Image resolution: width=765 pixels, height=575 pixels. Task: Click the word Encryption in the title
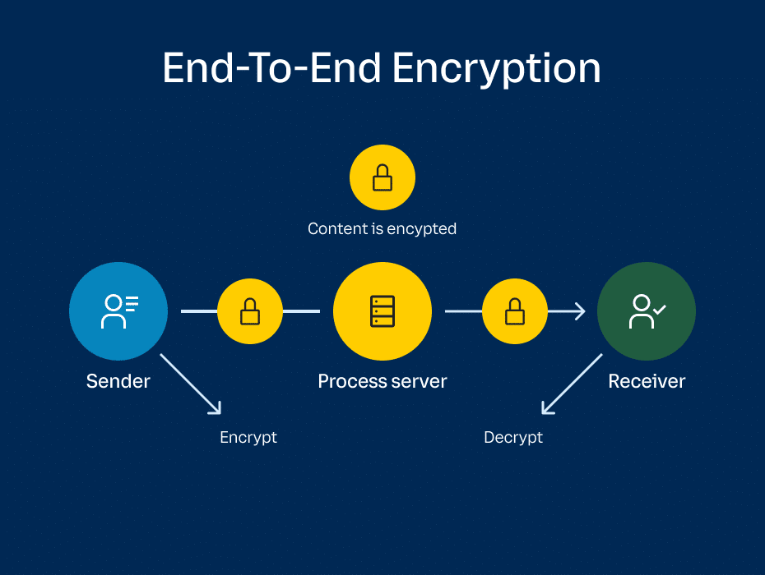(x=496, y=69)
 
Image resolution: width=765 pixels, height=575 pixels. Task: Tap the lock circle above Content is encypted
(x=382, y=177)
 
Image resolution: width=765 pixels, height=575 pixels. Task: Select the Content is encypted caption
(x=382, y=228)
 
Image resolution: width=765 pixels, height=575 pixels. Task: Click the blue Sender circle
(x=118, y=311)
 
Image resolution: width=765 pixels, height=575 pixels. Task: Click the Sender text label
(x=118, y=381)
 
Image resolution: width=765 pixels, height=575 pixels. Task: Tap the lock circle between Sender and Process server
(x=250, y=311)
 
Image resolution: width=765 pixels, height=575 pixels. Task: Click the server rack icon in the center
(x=382, y=311)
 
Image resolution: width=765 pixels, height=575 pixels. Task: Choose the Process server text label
(x=382, y=381)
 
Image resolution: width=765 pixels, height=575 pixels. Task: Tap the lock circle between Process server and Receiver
(x=515, y=311)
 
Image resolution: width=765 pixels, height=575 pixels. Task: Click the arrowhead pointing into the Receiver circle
(x=579, y=311)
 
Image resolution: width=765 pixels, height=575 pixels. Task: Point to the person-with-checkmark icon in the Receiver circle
(x=647, y=311)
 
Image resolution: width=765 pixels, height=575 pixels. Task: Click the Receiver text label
(x=647, y=381)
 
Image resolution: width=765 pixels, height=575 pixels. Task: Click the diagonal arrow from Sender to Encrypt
(x=191, y=384)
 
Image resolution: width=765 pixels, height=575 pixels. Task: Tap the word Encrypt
(x=248, y=437)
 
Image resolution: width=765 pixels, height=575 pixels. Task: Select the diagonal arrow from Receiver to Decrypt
(x=573, y=384)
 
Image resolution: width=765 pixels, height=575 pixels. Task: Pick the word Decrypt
(x=513, y=437)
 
